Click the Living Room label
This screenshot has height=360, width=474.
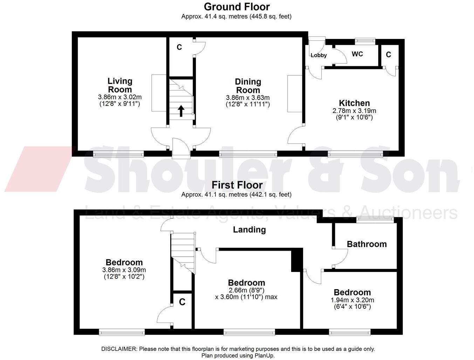[120, 85]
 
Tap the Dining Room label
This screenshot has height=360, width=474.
[248, 86]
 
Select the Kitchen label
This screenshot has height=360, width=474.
[354, 103]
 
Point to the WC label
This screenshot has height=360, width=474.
[357, 54]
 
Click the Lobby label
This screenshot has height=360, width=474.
[318, 55]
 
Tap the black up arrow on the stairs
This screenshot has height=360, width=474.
[181, 111]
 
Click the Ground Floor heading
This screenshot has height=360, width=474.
[236, 7]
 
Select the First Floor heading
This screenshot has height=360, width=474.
[236, 185]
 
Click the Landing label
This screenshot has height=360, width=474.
[249, 230]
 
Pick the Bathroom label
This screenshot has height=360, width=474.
[366, 244]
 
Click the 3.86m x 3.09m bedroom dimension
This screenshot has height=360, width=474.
[124, 270]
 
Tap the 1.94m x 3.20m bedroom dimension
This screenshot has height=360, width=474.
[352, 300]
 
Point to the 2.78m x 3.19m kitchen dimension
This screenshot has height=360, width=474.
[354, 111]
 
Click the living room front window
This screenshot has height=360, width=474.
[118, 154]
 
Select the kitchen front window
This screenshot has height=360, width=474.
[355, 154]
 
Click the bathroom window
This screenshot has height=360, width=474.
[375, 220]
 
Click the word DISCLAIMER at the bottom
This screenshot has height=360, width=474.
[119, 349]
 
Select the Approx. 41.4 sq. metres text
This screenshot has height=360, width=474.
[214, 16]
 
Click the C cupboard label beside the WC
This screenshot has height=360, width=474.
[388, 55]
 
